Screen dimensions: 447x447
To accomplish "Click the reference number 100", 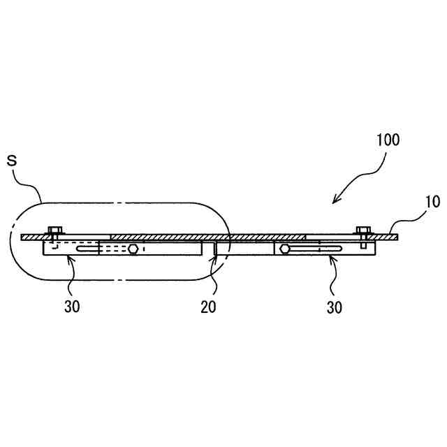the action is pyautogui.click(x=386, y=139).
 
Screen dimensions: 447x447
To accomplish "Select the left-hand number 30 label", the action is pyautogui.click(x=72, y=307).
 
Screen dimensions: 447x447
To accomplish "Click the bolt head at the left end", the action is pyautogui.click(x=53, y=230).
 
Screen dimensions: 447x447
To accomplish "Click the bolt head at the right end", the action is pyautogui.click(x=362, y=230).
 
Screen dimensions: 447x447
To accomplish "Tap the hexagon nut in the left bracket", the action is pyautogui.click(x=133, y=249).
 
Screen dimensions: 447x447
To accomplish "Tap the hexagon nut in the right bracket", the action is pyautogui.click(x=284, y=249).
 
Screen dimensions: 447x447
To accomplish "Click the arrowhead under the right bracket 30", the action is pyautogui.click(x=330, y=259).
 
